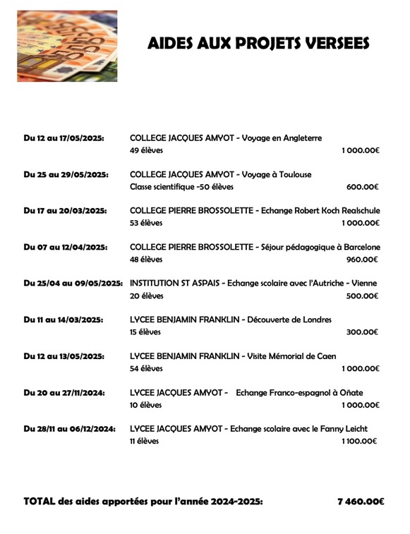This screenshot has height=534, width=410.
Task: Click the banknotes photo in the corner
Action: (67, 46)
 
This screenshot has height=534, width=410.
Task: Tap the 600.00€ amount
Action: (363, 187)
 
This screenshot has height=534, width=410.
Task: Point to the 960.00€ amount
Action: (363, 260)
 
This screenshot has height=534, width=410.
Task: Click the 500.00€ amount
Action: (363, 296)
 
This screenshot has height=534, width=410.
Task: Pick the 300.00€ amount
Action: (363, 332)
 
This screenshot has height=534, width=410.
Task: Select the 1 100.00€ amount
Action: (359, 441)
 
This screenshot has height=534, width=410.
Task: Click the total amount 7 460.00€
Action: (361, 502)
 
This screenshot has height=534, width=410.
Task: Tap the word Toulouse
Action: (295, 174)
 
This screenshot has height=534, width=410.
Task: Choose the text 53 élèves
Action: (146, 223)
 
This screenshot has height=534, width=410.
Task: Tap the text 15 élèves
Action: (145, 332)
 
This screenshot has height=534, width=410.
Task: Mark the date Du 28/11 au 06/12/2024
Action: (69, 428)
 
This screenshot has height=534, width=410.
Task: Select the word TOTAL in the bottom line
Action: (40, 502)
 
